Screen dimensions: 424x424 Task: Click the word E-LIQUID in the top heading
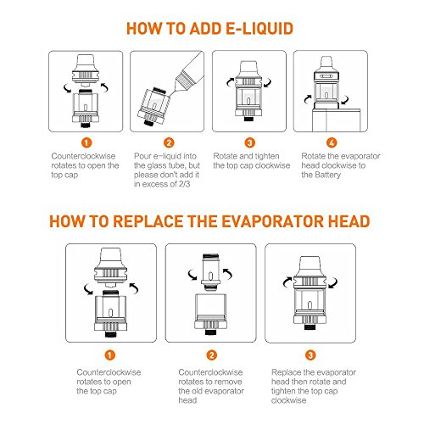pos(259,29)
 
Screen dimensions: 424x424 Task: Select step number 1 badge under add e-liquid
pos(86,142)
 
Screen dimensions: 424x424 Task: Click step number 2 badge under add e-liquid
pos(169,142)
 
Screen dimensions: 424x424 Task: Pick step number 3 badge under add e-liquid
pos(249,142)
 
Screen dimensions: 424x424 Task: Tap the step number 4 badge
pos(332,142)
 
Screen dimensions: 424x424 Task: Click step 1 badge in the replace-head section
pos(110,355)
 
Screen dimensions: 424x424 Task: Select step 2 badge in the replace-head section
pos(211,355)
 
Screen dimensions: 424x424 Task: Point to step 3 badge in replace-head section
pos(310,355)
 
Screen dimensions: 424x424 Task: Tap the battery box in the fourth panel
pos(337,120)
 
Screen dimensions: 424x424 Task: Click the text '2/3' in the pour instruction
pos(184,184)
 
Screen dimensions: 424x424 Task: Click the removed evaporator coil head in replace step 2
pos(210,272)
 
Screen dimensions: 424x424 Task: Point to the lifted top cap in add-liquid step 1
pos(86,70)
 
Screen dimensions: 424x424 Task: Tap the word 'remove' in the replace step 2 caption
pos(229,382)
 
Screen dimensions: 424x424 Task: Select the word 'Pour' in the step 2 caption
pos(142,156)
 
